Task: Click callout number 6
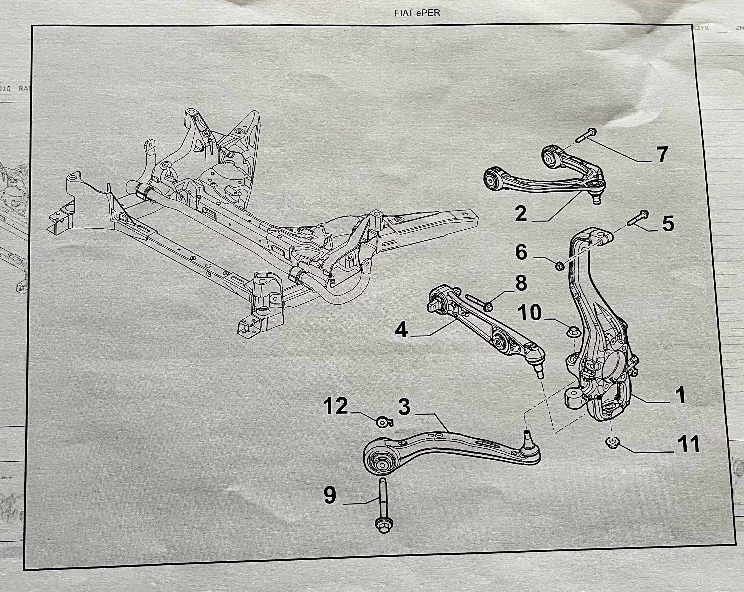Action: click(521, 252)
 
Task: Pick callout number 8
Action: click(521, 283)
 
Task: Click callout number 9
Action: click(330, 495)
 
